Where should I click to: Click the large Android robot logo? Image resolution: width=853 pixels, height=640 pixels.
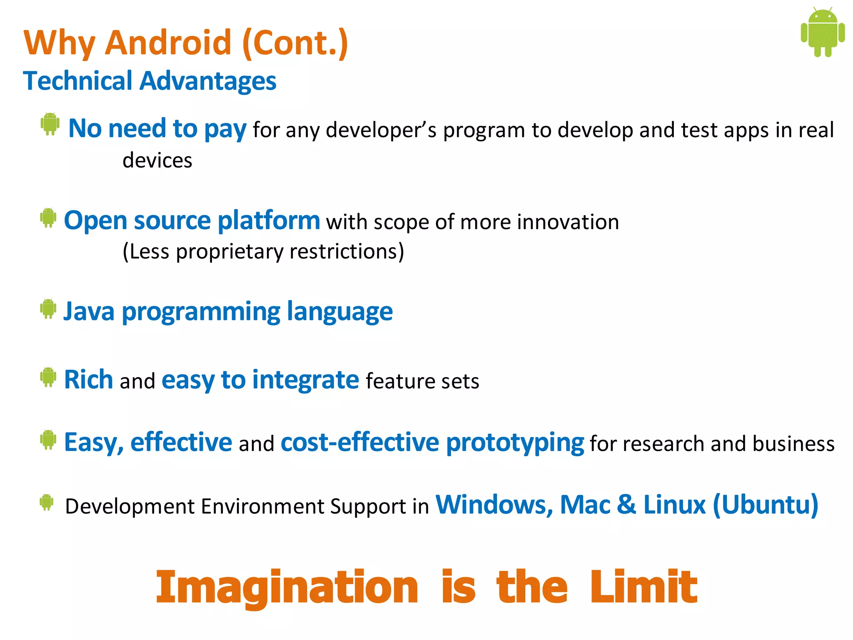point(823,32)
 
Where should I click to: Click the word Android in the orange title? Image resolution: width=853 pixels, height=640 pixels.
point(168,42)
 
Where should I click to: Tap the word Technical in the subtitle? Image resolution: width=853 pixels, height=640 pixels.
point(78,80)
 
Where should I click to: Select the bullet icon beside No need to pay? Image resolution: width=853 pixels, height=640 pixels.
point(50,124)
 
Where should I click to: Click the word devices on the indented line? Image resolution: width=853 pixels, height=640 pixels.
point(157,160)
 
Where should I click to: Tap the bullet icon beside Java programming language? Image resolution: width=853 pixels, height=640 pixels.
point(48,309)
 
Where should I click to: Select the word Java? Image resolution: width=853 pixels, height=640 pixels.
point(89,312)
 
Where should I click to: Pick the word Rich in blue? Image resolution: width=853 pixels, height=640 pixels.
point(88,380)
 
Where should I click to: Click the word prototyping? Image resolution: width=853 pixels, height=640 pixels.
point(515,442)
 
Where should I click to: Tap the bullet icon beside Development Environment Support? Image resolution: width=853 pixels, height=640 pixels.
point(47,502)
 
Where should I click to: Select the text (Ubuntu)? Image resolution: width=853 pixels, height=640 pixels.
point(766,505)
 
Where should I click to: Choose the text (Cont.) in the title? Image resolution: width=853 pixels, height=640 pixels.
point(295,42)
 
